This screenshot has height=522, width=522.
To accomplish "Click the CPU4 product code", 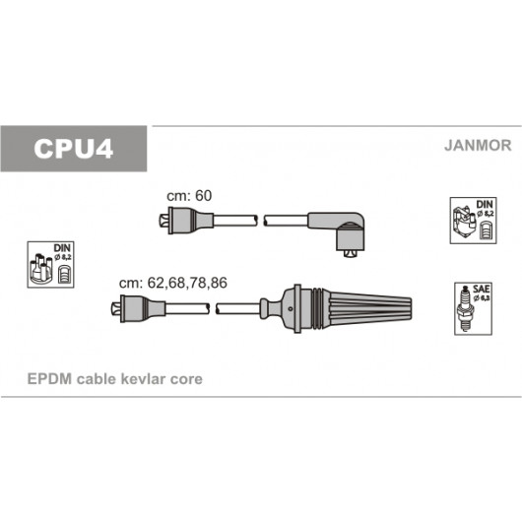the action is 73,149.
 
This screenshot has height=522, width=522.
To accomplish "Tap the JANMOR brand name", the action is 478,146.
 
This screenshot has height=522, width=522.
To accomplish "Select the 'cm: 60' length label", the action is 189,196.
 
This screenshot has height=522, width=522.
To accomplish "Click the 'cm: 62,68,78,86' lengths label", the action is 173,283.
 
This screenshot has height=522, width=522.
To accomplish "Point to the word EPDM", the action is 49,379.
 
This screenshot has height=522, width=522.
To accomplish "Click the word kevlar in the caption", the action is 143,379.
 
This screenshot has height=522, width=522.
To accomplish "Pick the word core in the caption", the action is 186,379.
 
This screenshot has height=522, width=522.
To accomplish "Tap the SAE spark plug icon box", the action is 473,308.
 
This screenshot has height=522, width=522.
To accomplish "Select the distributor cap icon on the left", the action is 50,265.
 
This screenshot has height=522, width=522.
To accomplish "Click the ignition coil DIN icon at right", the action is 473,221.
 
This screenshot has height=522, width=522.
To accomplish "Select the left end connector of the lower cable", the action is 138,308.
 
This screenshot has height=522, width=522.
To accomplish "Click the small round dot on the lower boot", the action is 291,308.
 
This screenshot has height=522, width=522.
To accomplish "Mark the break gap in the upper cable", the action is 261,221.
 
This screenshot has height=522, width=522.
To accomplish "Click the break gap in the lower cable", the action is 213,308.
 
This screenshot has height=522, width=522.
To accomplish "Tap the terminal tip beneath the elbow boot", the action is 350,254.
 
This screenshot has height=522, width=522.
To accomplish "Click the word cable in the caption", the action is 96,379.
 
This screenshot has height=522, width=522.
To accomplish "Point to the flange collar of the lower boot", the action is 297,308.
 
